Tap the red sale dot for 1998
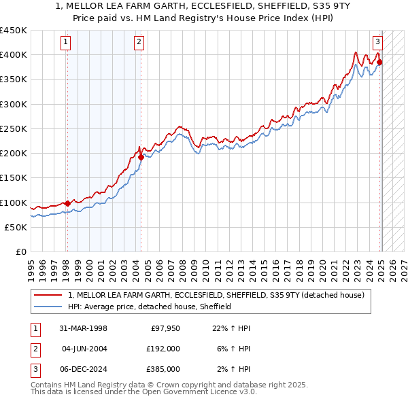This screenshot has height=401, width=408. click(67, 203)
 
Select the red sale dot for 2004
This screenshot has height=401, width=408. click(141, 157)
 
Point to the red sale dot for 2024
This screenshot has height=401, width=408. click(379, 62)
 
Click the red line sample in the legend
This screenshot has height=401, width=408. click(48, 295)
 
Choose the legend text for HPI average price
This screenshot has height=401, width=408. click(150, 307)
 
